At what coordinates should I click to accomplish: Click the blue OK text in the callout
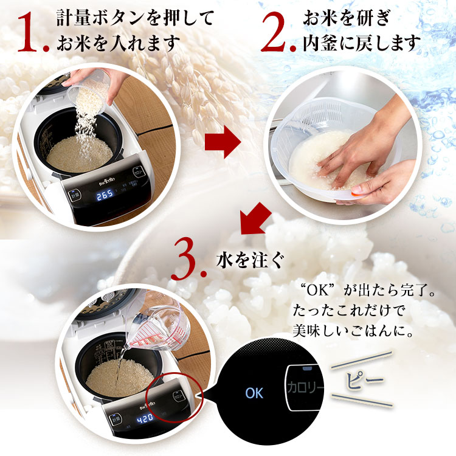pyautogui.click(x=254, y=392)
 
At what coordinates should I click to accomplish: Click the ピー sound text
pyautogui.click(x=365, y=383)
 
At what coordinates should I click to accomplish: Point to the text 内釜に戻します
pyautogui.click(x=362, y=43)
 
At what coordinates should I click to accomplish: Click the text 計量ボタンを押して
pyautogui.click(x=134, y=18)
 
